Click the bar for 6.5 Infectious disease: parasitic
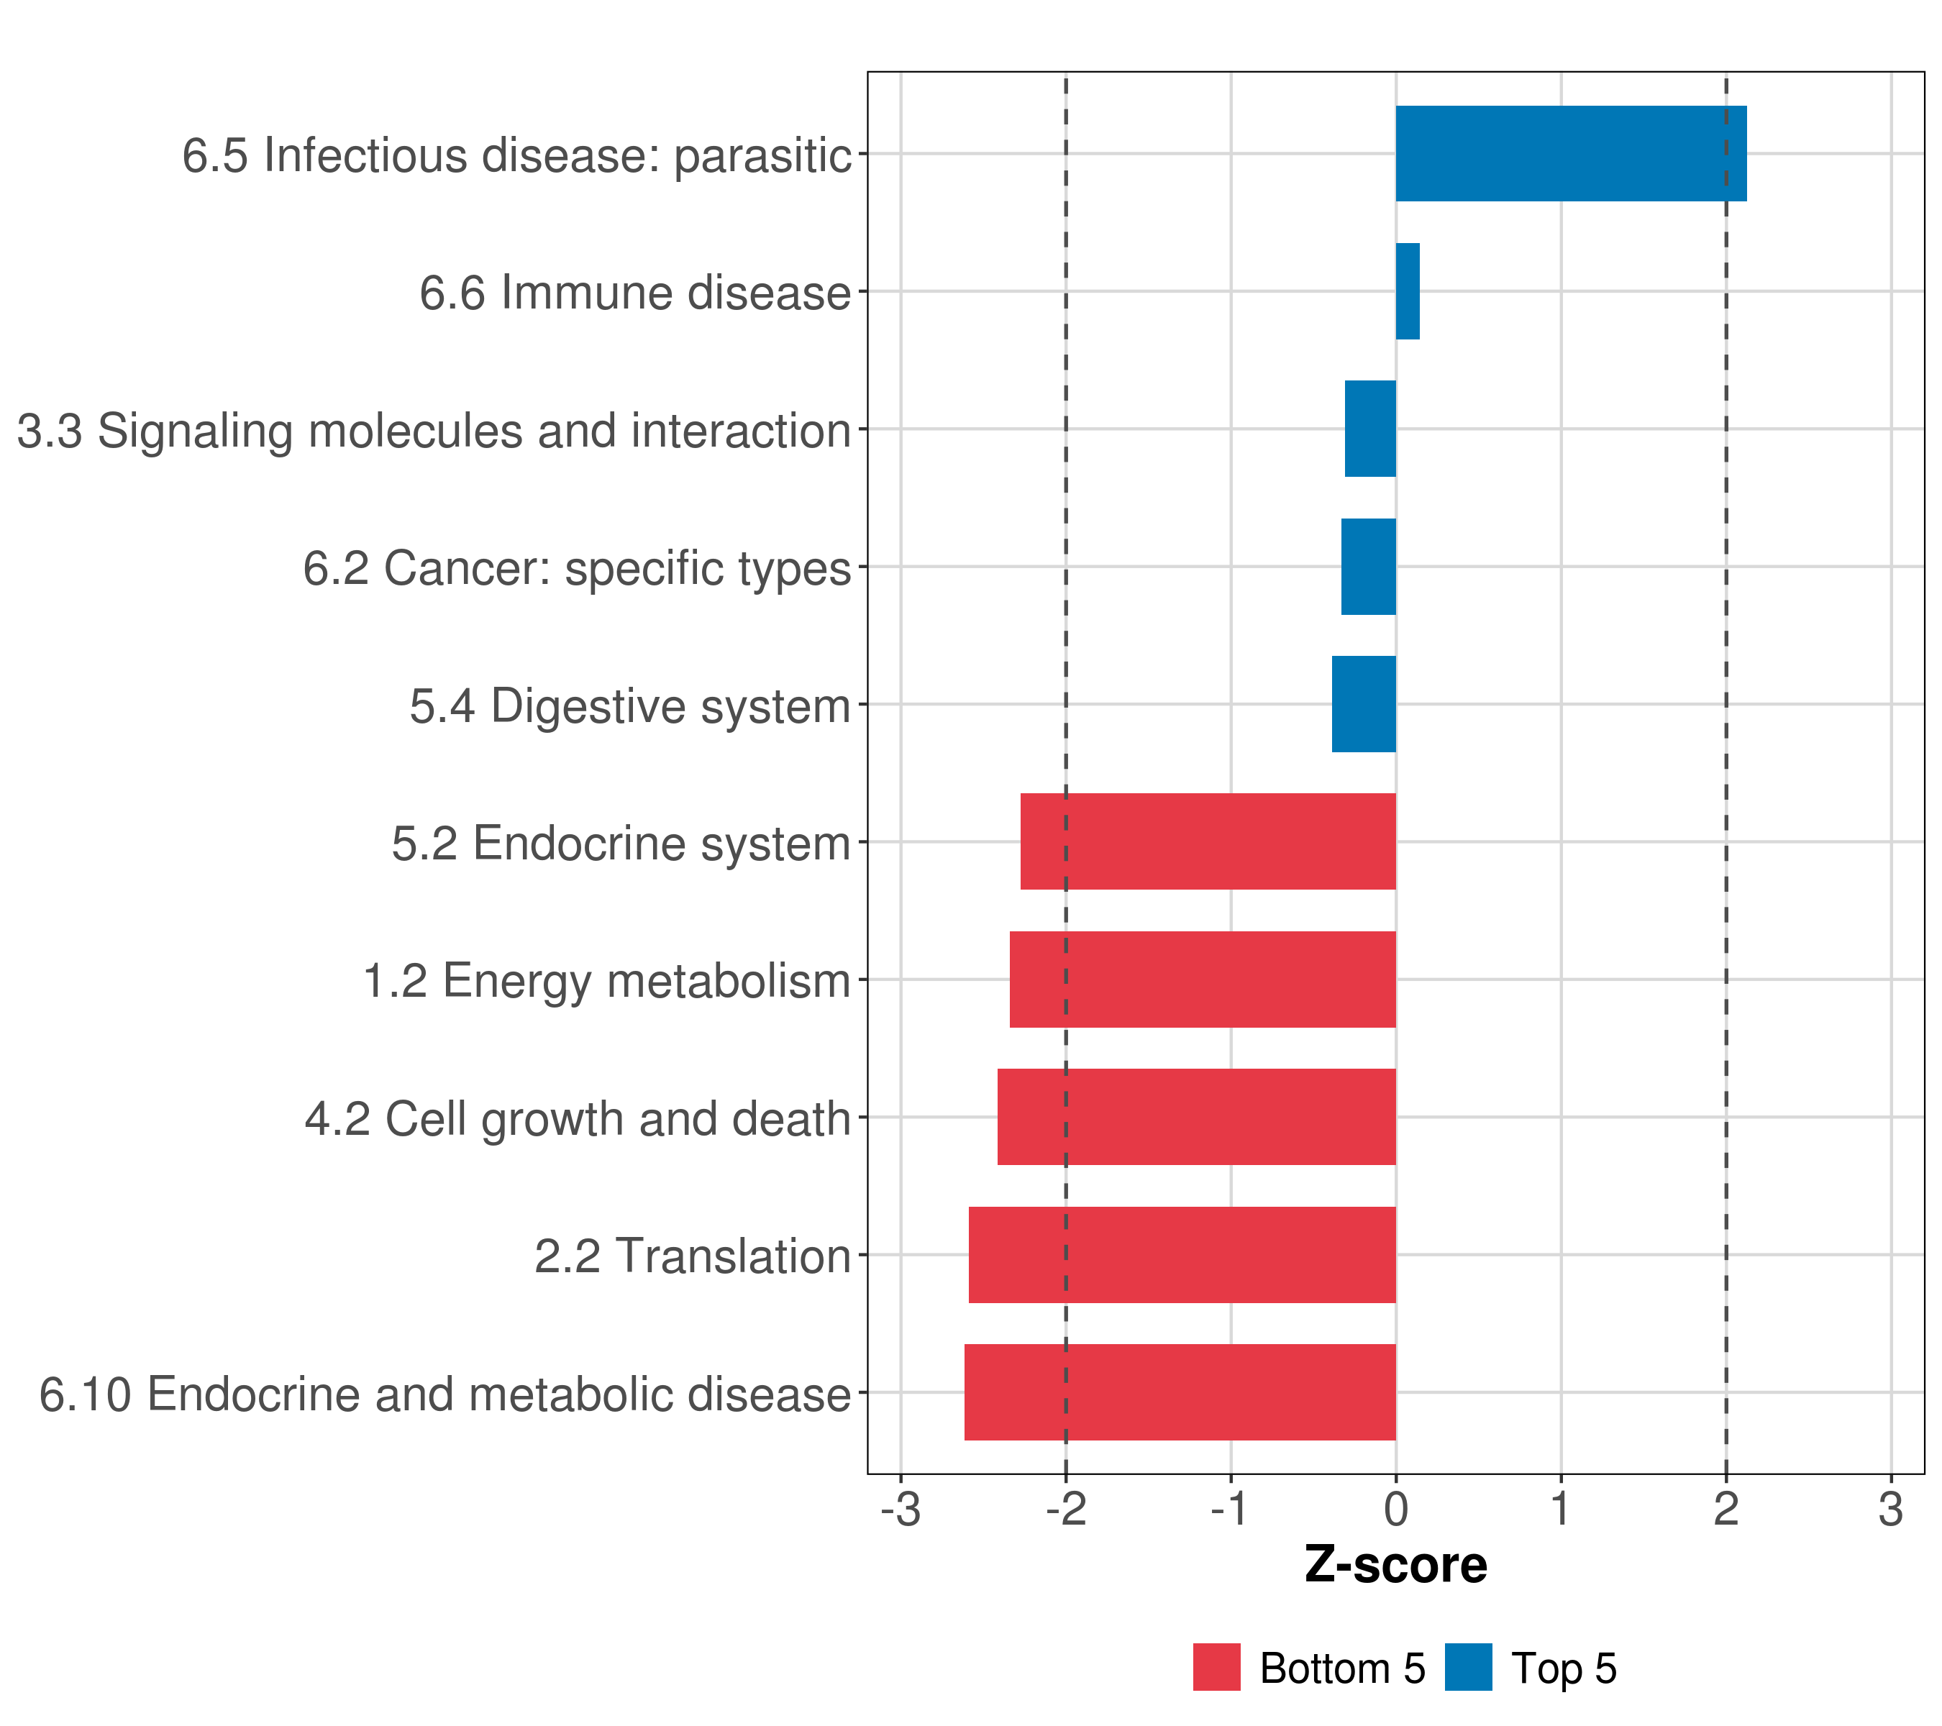point(1569,154)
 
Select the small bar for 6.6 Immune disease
point(1407,292)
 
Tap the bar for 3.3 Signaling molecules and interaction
point(1370,429)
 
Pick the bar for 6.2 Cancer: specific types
point(1368,567)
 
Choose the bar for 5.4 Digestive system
point(1364,704)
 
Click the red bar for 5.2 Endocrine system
point(1208,841)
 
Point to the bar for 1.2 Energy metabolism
point(1202,980)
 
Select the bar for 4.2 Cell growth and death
point(1196,1117)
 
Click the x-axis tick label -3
point(901,1510)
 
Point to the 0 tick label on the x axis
point(1395,1510)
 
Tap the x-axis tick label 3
point(1891,1510)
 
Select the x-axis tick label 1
point(1560,1510)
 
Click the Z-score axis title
point(1395,1566)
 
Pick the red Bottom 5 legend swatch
point(1216,1668)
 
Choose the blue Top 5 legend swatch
point(1468,1668)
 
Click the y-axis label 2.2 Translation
point(692,1256)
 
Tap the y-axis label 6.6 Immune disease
point(634,293)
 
